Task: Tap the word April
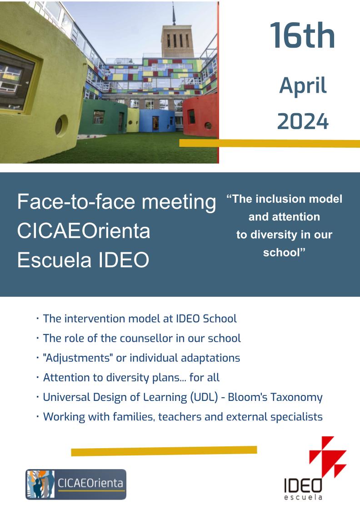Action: point(303,86)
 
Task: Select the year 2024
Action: point(303,121)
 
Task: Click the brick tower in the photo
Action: point(177,40)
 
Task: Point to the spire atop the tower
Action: point(174,14)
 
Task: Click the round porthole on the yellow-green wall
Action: point(61,125)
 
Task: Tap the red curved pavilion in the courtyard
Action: point(200,116)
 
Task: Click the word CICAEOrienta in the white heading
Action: point(84,231)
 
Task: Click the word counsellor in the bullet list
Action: point(146,338)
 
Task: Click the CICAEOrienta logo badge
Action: point(76,484)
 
